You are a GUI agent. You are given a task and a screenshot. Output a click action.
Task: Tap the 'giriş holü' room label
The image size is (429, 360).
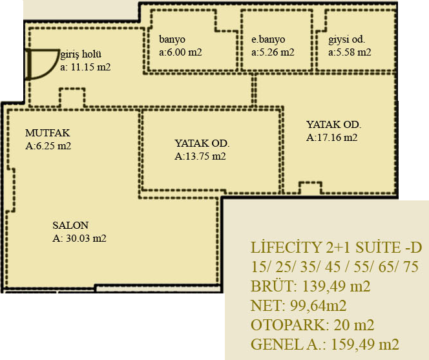(x=81, y=54)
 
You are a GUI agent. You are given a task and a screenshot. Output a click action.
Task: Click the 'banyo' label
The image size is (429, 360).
(x=172, y=39)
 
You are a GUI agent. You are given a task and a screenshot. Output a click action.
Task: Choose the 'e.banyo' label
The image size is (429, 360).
(x=268, y=39)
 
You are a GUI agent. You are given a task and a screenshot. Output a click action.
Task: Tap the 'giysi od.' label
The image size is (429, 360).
(x=347, y=39)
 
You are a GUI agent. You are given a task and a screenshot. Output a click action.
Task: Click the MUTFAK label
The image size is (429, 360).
(x=48, y=133)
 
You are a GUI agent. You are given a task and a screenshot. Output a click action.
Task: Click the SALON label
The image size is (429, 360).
(x=70, y=226)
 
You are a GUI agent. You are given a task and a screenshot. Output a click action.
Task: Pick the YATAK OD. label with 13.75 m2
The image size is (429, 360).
(x=202, y=143)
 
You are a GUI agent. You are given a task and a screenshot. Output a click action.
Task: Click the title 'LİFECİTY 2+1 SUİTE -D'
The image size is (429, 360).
(x=336, y=247)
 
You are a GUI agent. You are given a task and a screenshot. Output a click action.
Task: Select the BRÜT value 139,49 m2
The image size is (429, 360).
(x=336, y=286)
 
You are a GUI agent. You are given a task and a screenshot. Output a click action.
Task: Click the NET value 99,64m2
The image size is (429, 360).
(x=318, y=306)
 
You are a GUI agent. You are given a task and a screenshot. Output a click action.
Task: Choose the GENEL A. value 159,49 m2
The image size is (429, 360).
(x=365, y=344)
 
